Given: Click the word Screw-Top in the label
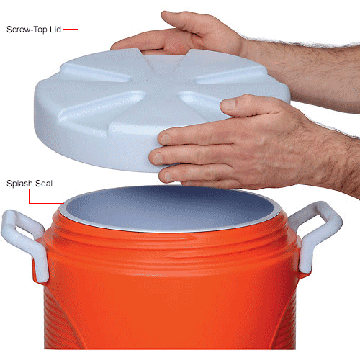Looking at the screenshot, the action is click(x=27, y=30).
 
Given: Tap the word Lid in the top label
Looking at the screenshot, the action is click(x=55, y=30).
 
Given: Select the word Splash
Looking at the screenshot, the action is click(x=19, y=184).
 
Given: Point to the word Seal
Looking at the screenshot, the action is click(x=44, y=184).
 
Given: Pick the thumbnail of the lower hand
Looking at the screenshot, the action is click(x=229, y=104).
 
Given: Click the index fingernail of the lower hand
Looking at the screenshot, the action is click(x=165, y=139).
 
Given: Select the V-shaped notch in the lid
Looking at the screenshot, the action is click(x=164, y=60).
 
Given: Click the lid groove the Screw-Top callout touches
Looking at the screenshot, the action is click(x=95, y=73).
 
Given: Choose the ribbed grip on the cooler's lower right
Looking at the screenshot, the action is click(x=286, y=322).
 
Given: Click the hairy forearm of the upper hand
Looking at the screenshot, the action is click(x=312, y=72).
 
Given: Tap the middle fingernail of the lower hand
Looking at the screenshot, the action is click(x=157, y=158).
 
